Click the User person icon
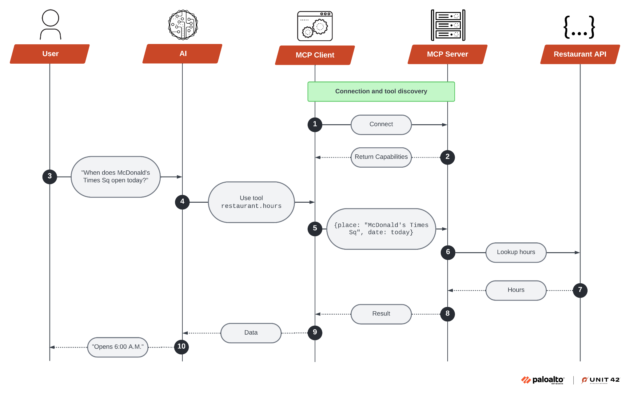pyautogui.click(x=50, y=25)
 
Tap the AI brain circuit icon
pyautogui.click(x=183, y=25)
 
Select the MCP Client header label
pyautogui.click(x=315, y=55)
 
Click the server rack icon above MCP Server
pyautogui.click(x=448, y=25)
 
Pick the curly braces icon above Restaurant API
pyautogui.click(x=579, y=27)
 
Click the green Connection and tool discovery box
pyautogui.click(x=381, y=91)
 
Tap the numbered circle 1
pyautogui.click(x=315, y=124)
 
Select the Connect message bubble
pyautogui.click(x=381, y=125)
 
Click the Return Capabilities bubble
pyautogui.click(x=381, y=157)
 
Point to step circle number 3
pyautogui.click(x=50, y=177)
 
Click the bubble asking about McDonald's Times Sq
pyautogui.click(x=116, y=177)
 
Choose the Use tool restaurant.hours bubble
pyautogui.click(x=251, y=202)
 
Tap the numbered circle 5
pyautogui.click(x=315, y=229)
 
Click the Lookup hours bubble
pyautogui.click(x=516, y=252)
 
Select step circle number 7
pyautogui.click(x=580, y=290)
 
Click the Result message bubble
pyautogui.click(x=381, y=314)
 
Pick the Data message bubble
pyautogui.click(x=251, y=333)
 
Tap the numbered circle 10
pyautogui.click(x=181, y=347)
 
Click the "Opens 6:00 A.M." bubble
pyautogui.click(x=118, y=347)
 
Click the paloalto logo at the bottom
pyautogui.click(x=543, y=380)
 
